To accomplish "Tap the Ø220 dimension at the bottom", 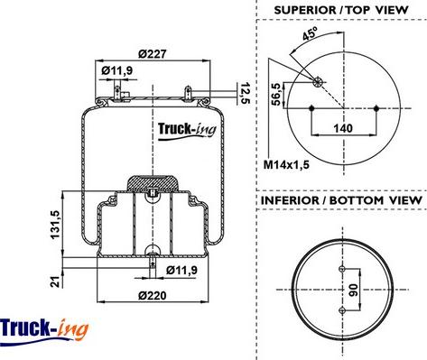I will click(151, 295).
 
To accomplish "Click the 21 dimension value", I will click(55, 280).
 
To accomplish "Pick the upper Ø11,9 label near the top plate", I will click(117, 69).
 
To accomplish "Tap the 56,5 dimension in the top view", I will click(276, 94).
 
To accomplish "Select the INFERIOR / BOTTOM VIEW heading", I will click(341, 198).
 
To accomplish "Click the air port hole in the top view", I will click(317, 81).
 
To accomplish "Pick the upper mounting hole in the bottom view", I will click(340, 270).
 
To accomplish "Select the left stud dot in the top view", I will click(311, 108).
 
